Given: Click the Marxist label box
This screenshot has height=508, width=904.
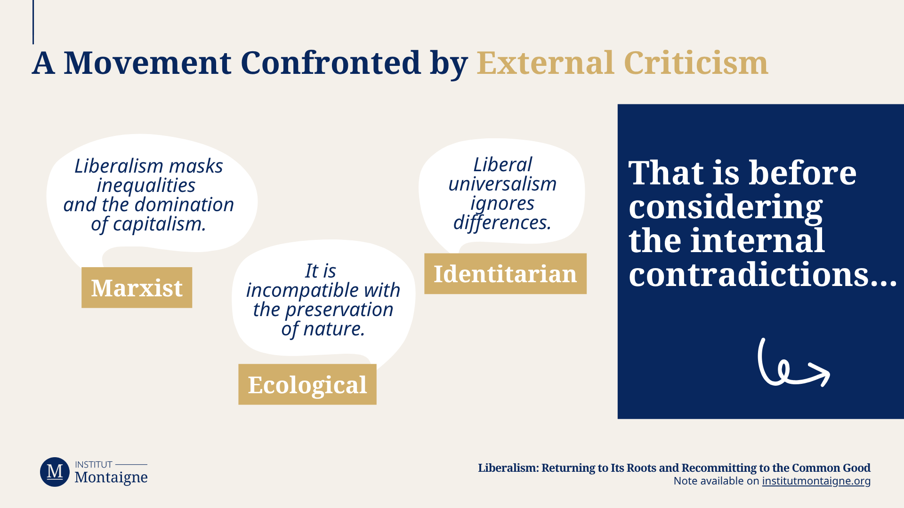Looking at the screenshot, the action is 137,287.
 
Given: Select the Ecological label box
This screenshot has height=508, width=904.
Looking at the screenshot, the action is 307,384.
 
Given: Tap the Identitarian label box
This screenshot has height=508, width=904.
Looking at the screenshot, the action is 505,274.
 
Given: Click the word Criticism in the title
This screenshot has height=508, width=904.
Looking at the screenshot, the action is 696,63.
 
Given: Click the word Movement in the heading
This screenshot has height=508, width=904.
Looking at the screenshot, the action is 147,63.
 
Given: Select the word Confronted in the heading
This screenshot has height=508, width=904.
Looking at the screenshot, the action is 331,63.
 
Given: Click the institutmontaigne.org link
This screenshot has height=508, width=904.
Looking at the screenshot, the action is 816,481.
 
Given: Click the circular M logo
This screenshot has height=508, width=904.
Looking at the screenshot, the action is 55,472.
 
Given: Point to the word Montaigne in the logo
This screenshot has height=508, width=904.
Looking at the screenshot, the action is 111,477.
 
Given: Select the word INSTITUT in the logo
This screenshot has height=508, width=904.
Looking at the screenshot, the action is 94,465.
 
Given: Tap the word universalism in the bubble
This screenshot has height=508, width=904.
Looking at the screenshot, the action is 502,184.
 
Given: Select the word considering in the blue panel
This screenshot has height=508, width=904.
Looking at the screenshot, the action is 726,207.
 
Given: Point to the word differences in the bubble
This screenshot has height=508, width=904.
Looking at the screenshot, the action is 502,222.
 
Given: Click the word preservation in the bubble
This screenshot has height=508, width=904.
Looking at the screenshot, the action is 339,310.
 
